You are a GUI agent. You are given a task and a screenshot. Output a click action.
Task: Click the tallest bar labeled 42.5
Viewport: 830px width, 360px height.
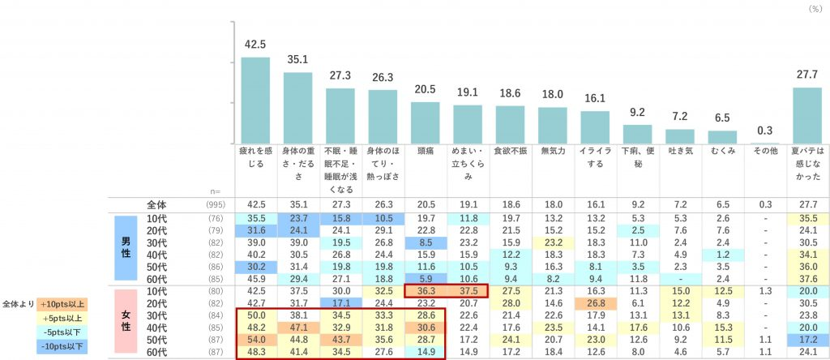[256, 99]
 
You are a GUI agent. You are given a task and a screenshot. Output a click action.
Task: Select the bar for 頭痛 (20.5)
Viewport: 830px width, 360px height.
[426, 122]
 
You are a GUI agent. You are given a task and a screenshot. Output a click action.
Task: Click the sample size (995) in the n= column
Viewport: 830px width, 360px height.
[216, 205]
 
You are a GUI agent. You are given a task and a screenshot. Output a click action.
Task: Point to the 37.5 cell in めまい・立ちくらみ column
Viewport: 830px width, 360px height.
[468, 290]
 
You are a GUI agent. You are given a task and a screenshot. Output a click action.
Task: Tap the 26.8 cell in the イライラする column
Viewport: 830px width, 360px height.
[595, 303]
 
